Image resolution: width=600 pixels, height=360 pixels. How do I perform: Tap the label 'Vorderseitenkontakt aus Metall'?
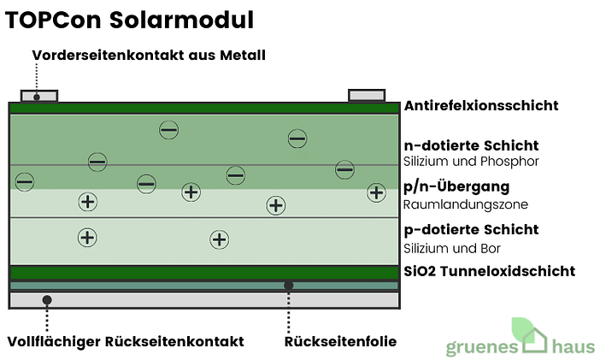150,56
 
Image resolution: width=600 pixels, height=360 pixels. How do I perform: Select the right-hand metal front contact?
367,94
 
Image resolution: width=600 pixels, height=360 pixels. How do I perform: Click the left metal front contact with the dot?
38,95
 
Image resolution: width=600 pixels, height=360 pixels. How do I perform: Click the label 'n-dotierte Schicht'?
471,145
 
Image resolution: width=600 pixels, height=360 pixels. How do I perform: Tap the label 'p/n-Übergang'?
456,186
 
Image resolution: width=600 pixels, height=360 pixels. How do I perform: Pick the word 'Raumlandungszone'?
466,204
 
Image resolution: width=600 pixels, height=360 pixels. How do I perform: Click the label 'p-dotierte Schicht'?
471,230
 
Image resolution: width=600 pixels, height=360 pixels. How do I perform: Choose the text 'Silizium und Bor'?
451,248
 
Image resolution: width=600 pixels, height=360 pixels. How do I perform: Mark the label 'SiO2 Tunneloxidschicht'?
489,272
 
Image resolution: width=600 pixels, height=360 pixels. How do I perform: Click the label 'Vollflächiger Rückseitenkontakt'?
125,341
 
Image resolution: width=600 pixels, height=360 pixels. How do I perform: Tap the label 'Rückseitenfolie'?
340,341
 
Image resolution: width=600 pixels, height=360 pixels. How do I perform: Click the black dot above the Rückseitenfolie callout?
289,285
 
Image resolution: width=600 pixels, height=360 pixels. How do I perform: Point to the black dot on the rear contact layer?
46,300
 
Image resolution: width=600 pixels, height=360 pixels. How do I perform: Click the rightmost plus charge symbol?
376,192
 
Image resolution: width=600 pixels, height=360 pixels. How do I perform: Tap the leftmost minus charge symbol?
24,181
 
